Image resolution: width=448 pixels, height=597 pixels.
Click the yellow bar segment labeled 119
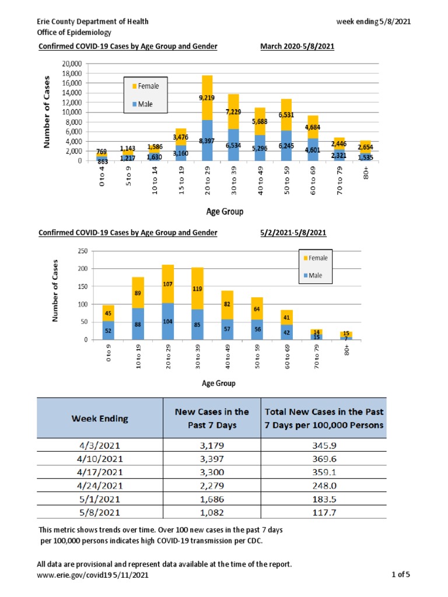pyautogui.click(x=198, y=289)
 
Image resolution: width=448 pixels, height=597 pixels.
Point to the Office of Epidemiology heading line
pyautogui.click(x=74, y=33)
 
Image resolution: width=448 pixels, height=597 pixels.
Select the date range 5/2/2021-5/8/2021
pyautogui.click(x=293, y=233)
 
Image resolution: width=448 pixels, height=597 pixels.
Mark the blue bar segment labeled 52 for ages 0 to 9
pyautogui.click(x=108, y=330)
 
